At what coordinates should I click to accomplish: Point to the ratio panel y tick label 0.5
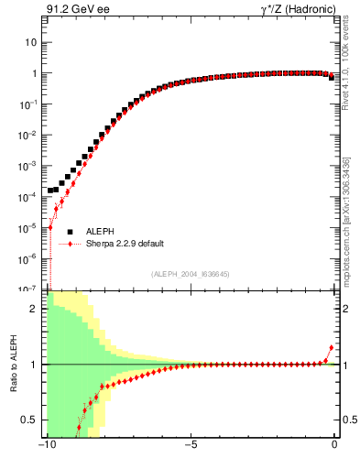30,420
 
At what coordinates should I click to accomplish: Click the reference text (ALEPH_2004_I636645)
191,273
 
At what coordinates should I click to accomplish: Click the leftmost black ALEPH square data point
50,191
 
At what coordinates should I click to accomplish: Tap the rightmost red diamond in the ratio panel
332,348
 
